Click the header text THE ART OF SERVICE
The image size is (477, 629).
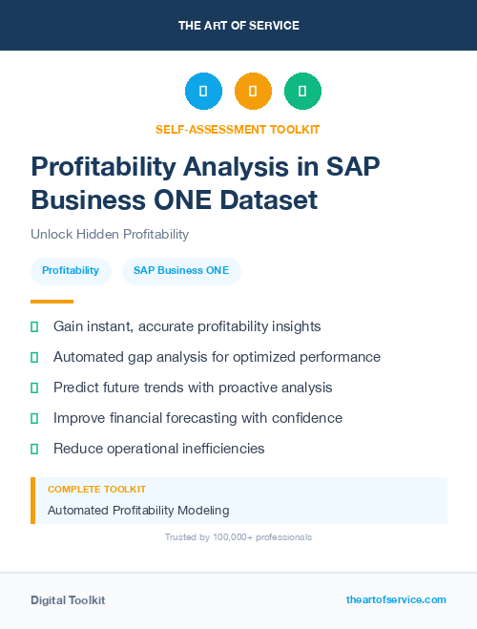(x=238, y=26)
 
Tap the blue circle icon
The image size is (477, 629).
(x=203, y=92)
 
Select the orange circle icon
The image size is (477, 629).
(x=253, y=92)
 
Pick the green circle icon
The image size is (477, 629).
(x=302, y=92)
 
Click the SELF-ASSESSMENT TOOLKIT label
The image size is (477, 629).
(x=238, y=129)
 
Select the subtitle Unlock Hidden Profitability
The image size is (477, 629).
(x=110, y=234)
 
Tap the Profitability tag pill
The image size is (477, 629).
(x=71, y=271)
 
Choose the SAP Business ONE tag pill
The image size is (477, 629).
(x=181, y=271)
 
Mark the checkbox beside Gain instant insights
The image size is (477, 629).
(x=34, y=326)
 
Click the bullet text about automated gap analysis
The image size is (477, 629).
(x=217, y=357)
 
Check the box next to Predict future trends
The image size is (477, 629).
(x=34, y=388)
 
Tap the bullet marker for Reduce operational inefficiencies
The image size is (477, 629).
(x=34, y=449)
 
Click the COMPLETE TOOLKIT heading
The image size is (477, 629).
(x=96, y=489)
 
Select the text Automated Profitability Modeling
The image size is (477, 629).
(x=138, y=511)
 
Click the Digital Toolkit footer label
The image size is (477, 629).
(x=68, y=600)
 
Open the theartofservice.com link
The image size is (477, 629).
(x=396, y=599)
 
